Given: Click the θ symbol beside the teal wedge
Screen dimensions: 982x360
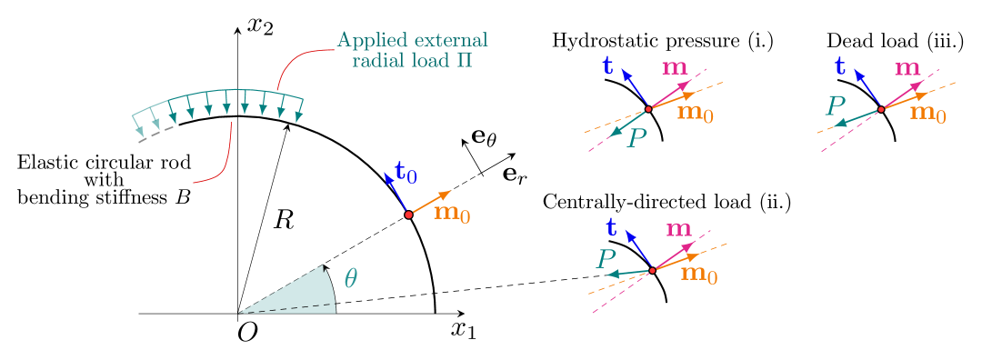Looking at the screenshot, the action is (x=350, y=278).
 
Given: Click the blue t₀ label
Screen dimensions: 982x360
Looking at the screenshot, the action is (x=406, y=172).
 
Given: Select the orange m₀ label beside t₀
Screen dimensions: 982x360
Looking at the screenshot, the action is (x=452, y=214).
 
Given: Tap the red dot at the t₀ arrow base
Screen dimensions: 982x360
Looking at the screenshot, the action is (x=408, y=215).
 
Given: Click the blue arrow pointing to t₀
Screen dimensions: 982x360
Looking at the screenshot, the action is (x=396, y=194).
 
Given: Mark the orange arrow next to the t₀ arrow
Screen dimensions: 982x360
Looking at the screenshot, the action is (x=430, y=203).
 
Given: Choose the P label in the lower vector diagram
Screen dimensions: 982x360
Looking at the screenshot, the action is (x=606, y=259).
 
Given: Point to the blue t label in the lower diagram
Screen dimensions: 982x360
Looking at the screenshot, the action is (x=611, y=228).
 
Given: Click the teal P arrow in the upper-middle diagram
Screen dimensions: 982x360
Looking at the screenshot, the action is (x=628, y=122).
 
